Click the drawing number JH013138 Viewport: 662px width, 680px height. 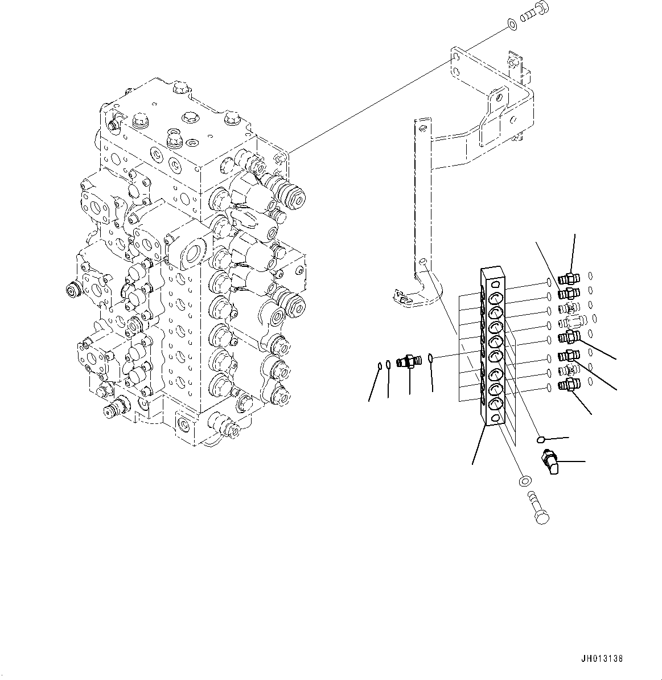coord(602,659)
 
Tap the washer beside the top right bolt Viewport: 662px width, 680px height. coord(511,24)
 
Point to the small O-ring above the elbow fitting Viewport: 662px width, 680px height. coord(541,439)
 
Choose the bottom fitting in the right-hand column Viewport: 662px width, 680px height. coord(568,385)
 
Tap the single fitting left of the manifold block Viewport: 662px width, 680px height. coord(408,361)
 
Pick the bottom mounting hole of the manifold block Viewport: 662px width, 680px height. coord(495,418)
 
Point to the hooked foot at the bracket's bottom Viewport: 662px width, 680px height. coord(406,294)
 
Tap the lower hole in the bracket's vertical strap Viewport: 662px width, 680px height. coord(421,261)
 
